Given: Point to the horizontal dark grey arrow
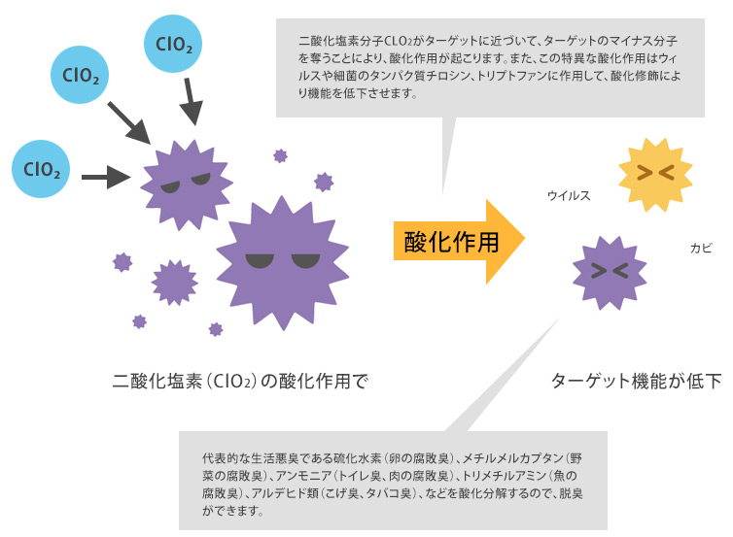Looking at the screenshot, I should (106, 177).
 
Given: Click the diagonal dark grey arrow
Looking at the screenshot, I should (130, 121).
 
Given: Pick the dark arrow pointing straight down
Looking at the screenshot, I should (192, 102).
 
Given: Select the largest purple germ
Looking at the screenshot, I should (282, 259).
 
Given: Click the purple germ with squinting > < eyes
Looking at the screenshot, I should (610, 271).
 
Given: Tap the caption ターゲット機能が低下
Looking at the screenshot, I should (637, 381).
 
